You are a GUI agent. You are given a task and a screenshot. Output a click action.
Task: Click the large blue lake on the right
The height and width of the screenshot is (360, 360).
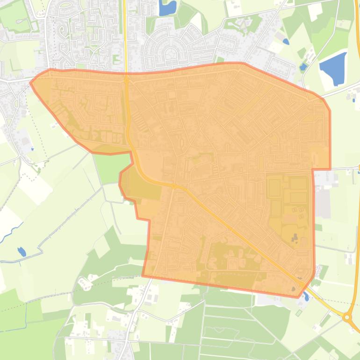click(333, 68)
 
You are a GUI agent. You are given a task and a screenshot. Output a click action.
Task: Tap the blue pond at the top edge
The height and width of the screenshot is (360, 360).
click(167, 7)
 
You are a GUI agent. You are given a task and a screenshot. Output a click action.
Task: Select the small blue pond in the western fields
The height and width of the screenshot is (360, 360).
click(22, 252)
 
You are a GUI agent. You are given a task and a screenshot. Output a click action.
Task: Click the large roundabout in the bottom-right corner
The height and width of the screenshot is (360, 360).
click(347, 317)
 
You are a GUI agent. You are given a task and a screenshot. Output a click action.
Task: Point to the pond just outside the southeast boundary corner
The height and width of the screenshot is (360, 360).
click(306, 296)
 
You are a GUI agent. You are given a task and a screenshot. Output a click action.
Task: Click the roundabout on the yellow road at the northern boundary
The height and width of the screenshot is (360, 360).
click(126, 80)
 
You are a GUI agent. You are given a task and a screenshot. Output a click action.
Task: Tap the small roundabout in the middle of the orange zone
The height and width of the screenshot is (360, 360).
click(174, 186)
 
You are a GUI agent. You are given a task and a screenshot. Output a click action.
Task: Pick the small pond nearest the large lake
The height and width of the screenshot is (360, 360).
click(303, 66)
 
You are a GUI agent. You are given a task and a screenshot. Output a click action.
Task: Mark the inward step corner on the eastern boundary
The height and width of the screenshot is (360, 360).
click(313, 169)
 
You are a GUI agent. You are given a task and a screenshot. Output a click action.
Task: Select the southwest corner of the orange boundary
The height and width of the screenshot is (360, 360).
click(143, 276)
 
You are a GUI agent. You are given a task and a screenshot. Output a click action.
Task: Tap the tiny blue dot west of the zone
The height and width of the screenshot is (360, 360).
click(32, 149)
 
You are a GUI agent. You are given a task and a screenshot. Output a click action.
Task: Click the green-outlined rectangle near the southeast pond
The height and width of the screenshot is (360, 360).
click(299, 313)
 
